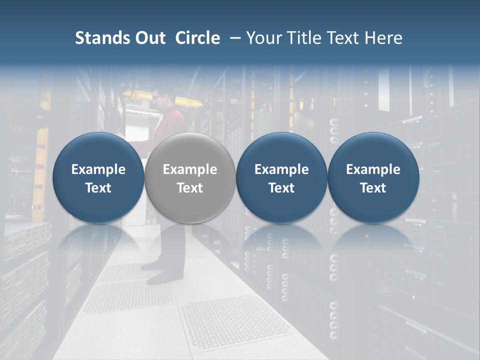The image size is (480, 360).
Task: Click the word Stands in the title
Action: click(103, 38)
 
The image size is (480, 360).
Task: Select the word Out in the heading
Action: click(150, 38)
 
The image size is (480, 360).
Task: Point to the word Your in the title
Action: click(262, 38)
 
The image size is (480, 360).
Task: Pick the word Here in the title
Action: click(384, 38)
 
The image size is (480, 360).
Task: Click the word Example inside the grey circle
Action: click(190, 169)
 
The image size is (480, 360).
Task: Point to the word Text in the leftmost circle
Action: click(98, 188)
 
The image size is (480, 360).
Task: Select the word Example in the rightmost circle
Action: click(373, 169)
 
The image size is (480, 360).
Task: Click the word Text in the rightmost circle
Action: click(373, 188)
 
